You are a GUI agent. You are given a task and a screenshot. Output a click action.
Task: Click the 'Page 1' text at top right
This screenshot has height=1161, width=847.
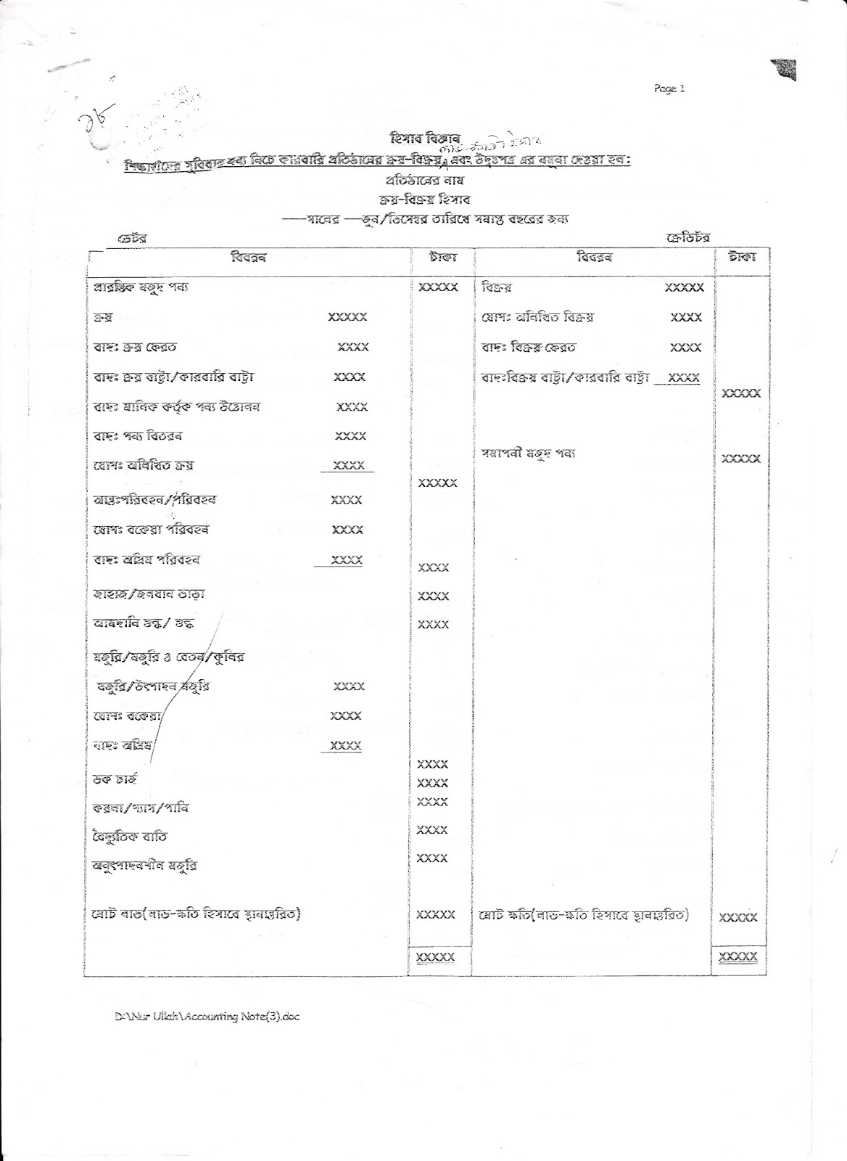tap(668, 89)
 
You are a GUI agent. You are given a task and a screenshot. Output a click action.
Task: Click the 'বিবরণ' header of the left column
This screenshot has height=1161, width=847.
tap(248, 258)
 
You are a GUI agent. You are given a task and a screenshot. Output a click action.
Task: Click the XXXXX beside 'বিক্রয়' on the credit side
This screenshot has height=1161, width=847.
tap(684, 288)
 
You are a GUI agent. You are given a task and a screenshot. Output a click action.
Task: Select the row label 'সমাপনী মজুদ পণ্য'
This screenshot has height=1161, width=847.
tap(529, 454)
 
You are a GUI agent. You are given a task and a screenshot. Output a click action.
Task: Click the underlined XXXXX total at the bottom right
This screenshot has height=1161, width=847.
tap(737, 957)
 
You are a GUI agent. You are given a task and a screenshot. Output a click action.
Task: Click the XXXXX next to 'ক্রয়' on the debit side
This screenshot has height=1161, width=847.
tap(348, 317)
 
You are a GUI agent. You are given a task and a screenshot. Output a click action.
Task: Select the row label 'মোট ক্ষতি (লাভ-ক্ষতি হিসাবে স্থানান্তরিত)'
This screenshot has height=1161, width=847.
tap(584, 914)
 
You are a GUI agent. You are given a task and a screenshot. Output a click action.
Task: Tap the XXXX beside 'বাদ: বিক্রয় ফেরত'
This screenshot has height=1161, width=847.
tap(685, 348)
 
